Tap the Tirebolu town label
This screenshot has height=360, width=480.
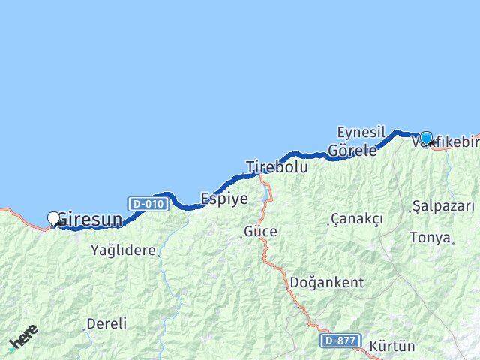point(277,167)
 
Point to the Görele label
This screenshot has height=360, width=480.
point(352,150)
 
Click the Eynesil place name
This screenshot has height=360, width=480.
point(361,131)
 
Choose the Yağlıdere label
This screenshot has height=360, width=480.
point(123,250)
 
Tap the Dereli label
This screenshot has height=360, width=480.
point(106,324)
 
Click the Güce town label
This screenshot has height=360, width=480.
point(260,232)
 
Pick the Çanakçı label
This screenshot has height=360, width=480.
point(357,219)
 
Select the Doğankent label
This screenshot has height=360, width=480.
point(327,283)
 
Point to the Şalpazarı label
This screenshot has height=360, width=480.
point(443,205)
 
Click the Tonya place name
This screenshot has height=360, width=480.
point(430,238)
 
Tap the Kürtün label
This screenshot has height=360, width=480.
point(391,346)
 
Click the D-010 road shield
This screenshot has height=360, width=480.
point(147,203)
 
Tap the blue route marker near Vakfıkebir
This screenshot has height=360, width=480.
point(426,138)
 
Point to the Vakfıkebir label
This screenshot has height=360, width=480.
point(450,142)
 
